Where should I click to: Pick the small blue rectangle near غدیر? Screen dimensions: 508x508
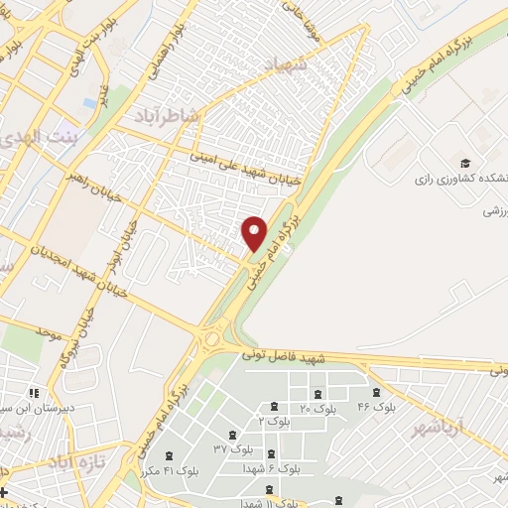point(89,102)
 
